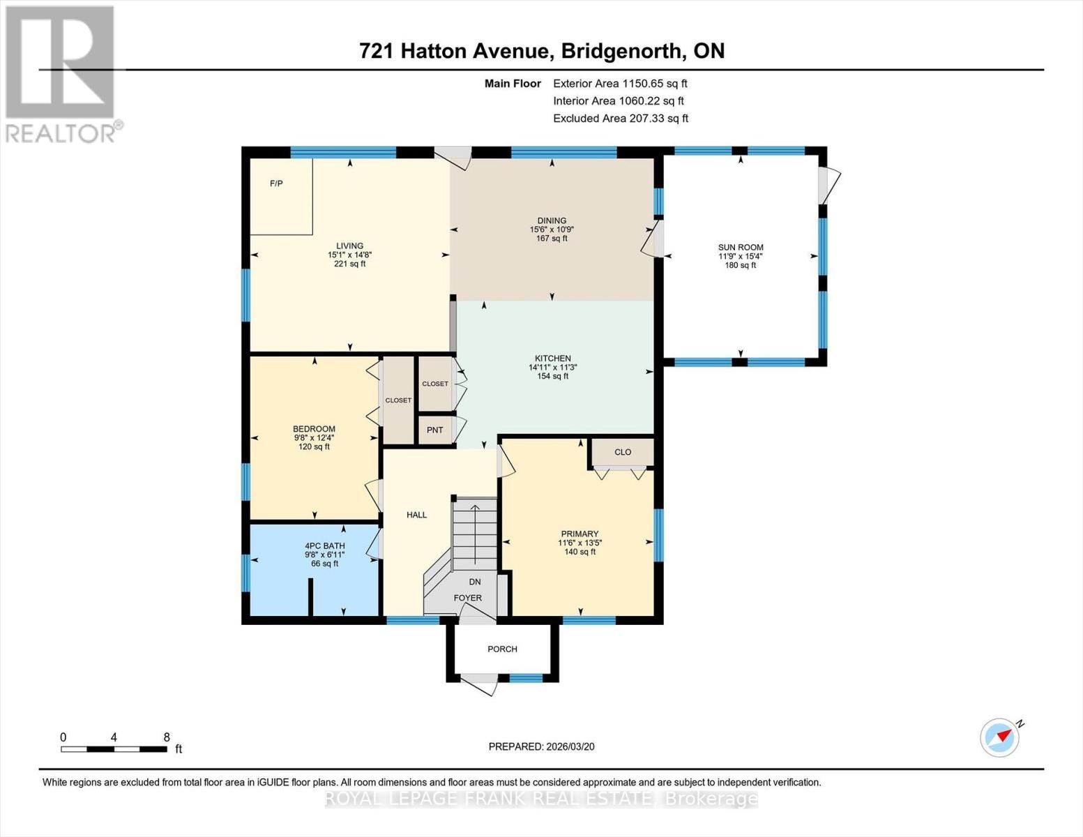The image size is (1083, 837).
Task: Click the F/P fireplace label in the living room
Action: point(276,183)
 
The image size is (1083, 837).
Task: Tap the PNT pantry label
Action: point(434,430)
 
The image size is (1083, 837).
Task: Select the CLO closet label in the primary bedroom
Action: point(623,452)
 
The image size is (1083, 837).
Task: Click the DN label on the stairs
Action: point(474,582)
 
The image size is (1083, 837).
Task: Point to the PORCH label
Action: point(502,649)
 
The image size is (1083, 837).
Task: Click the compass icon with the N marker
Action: point(999,737)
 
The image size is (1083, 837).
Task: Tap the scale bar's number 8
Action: point(167,737)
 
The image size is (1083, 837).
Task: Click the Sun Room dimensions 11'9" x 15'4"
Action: point(741,256)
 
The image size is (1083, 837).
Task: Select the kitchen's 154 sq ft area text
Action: point(552,377)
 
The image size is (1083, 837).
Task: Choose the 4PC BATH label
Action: point(324,546)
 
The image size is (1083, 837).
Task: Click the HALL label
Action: point(416,515)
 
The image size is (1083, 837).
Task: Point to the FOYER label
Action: point(467,598)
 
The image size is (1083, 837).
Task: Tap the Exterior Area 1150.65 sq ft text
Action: point(620,83)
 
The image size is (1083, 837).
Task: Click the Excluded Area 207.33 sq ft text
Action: point(621,119)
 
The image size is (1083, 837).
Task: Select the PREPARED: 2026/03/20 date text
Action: point(541,746)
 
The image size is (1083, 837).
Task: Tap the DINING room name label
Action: point(552,220)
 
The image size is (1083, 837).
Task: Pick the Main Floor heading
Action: point(513,84)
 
